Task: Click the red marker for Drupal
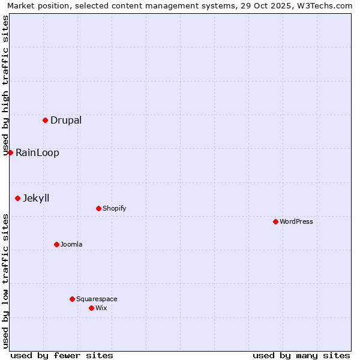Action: (45, 120)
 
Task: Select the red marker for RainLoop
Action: (10, 152)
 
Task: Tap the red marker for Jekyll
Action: (17, 198)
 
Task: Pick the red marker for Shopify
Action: (98, 208)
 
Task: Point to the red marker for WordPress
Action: (275, 221)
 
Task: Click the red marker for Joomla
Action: (56, 244)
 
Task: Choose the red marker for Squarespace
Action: (72, 299)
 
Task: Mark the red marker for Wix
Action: (91, 308)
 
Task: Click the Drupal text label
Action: (66, 120)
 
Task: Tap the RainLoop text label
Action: (37, 152)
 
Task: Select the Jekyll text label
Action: (36, 198)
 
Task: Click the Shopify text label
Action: (114, 208)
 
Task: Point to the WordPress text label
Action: (296, 221)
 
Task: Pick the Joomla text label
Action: (71, 244)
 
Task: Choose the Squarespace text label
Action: (97, 299)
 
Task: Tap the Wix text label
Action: (101, 308)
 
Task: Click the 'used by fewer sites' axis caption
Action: (62, 355)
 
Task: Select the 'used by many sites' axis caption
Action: (301, 355)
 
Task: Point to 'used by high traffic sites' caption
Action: (6, 85)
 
